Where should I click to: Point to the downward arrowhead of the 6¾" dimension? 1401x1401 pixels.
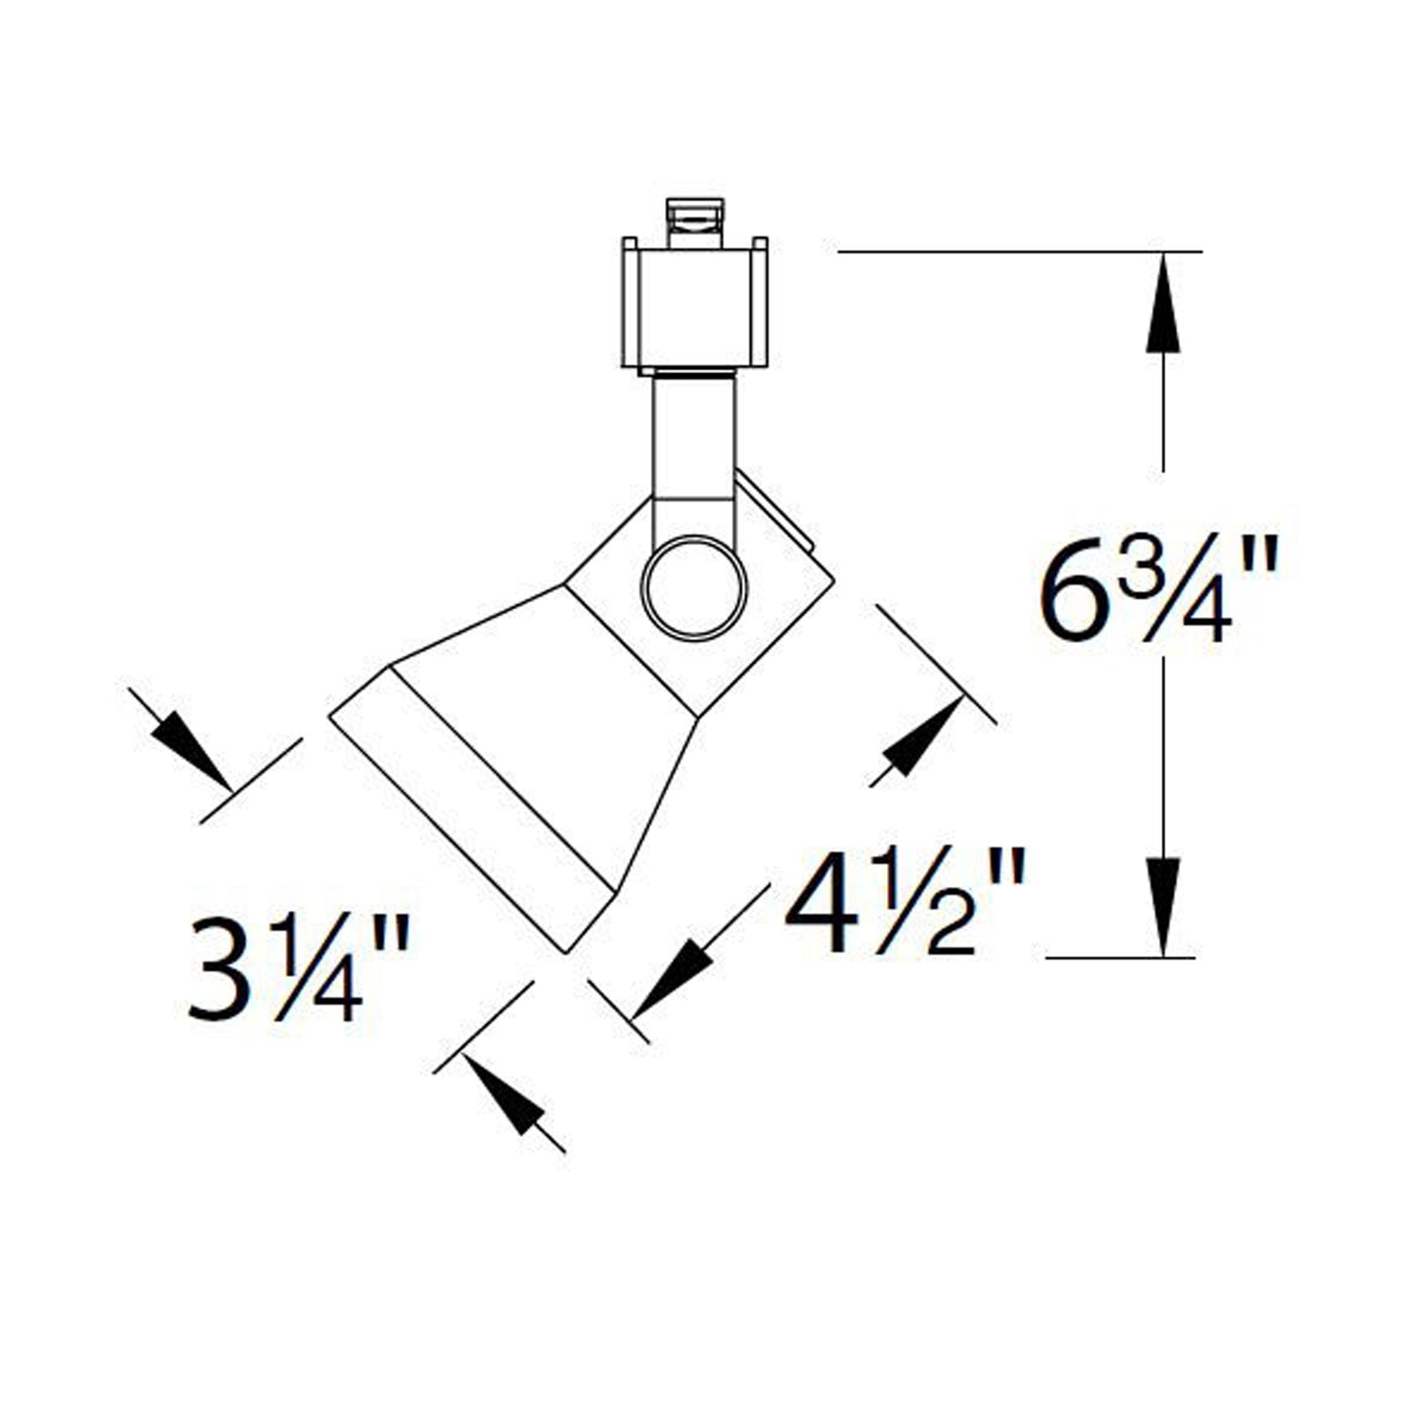pyautogui.click(x=1163, y=906)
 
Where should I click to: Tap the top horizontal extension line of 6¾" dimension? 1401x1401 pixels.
pyautogui.click(x=1015, y=252)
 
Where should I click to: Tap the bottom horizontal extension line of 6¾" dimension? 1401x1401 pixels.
pyautogui.click(x=1120, y=958)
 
